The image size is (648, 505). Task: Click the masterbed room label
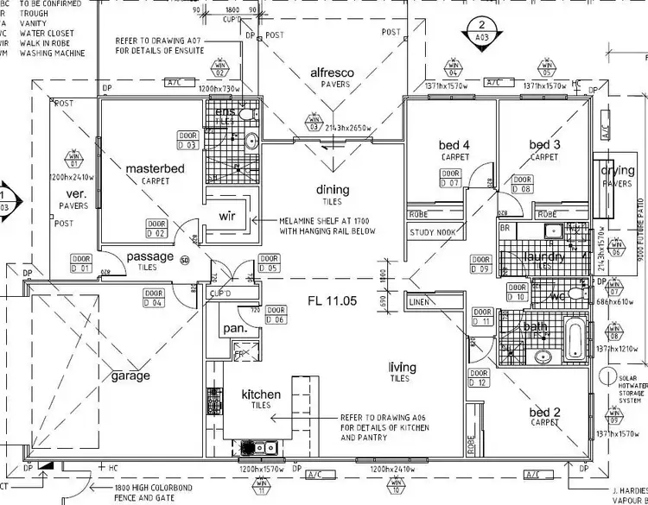[156, 168]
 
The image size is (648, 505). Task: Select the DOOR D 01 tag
[81, 262]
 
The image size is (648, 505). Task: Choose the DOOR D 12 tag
[478, 378]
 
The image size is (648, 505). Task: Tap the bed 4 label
[454, 144]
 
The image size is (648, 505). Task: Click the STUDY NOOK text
[432, 232]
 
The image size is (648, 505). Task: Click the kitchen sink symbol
[259, 448]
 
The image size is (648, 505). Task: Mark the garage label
[130, 376]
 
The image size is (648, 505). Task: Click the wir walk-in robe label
[228, 215]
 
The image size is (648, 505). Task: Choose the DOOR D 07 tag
[449, 179]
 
